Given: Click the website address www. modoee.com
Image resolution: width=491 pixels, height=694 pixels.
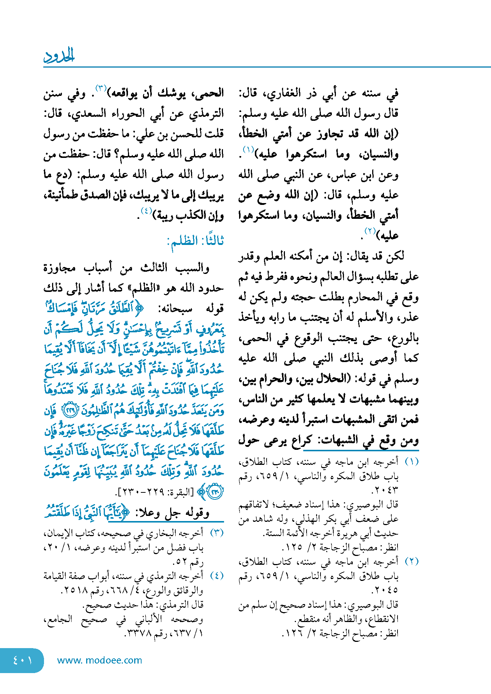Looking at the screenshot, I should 99,660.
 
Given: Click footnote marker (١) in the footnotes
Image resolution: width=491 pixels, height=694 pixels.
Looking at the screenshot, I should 411,462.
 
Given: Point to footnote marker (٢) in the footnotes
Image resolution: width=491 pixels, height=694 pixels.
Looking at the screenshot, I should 411,561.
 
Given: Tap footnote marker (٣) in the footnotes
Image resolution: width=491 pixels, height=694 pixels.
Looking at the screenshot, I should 216,533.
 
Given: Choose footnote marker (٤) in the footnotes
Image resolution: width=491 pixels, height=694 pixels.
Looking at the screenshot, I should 216,576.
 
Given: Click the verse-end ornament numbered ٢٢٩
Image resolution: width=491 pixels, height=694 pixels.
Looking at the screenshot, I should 70,411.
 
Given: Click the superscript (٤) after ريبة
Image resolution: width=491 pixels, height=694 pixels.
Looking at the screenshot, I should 146,211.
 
